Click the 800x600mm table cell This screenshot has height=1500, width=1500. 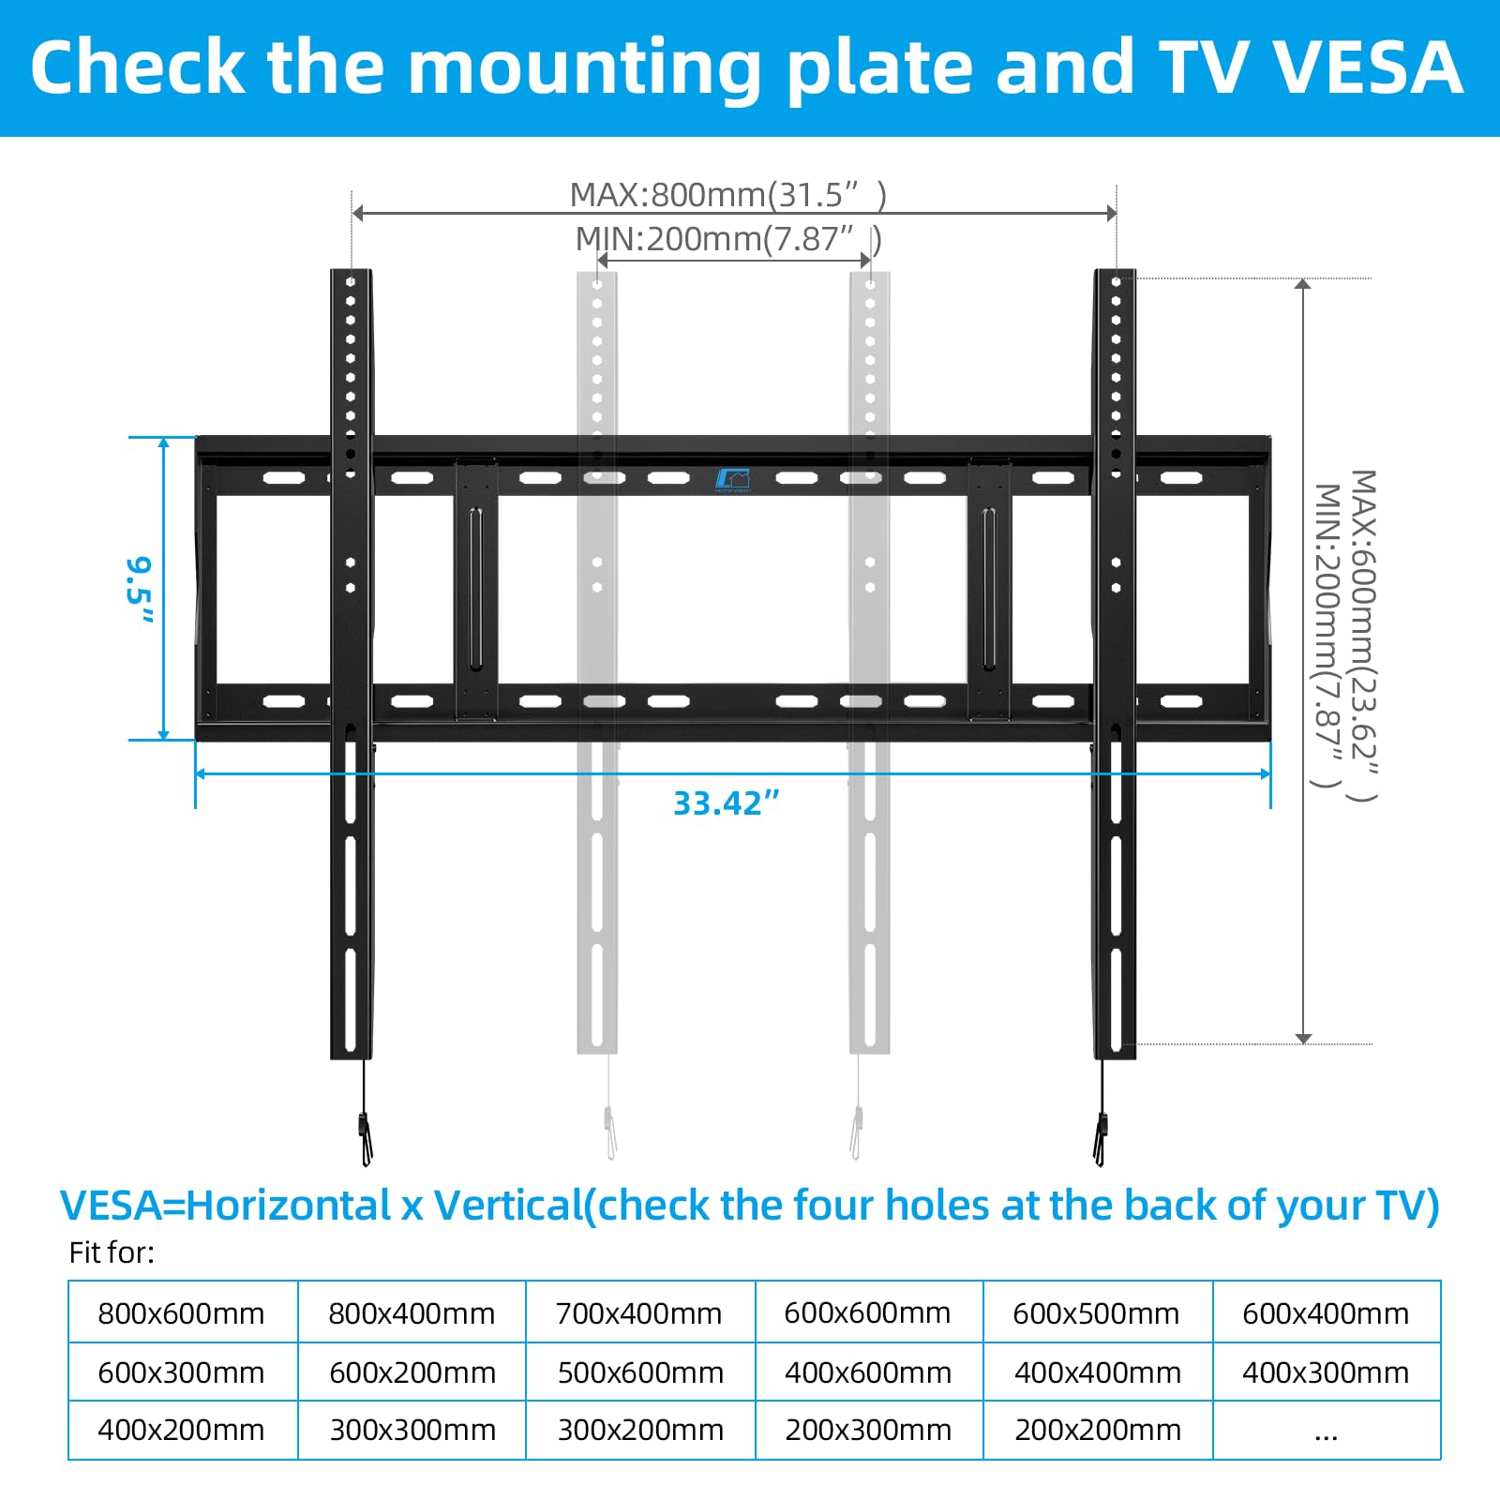181,1313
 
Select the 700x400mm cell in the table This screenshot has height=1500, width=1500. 638,1313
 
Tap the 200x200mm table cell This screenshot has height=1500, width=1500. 1097,1431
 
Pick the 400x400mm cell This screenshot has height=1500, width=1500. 1097,1372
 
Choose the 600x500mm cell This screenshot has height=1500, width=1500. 1096,1313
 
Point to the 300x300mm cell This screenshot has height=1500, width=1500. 412,1431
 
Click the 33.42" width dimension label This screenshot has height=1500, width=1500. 727,803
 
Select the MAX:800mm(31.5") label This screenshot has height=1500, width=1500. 727,195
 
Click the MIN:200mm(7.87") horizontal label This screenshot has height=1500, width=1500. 727,239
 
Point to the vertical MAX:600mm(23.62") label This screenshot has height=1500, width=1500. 1363,636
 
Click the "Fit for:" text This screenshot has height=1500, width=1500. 112,1252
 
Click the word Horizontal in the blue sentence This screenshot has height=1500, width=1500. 289,1206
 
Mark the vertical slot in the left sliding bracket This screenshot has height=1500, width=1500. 475,588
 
